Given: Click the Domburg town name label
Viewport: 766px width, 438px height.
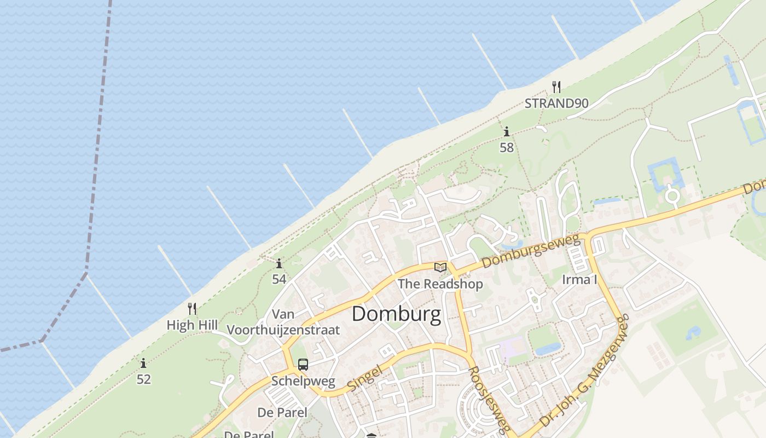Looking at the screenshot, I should point(396,314).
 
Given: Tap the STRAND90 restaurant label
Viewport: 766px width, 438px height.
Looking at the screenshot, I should point(556,103).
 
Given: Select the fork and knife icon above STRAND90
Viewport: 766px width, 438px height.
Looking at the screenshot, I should point(556,87).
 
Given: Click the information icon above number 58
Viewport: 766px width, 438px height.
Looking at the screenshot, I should point(507,132).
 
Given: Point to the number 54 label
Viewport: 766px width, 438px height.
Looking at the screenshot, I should point(279,279).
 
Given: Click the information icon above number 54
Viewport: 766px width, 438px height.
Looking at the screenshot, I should point(279,263).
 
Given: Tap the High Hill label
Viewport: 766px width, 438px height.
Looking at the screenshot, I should point(192,325).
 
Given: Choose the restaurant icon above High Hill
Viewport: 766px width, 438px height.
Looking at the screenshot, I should point(192,309).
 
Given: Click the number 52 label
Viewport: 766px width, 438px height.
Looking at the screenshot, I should point(143,379).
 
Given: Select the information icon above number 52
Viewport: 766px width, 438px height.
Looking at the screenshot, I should point(143,363).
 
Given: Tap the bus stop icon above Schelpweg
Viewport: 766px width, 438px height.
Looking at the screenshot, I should point(303,365).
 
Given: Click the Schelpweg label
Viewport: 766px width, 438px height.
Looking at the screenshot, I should point(303,381).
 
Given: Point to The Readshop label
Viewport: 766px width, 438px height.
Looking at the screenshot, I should point(440,284).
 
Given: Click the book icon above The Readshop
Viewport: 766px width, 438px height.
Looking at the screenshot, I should point(440,267).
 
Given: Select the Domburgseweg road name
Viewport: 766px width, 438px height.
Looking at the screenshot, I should point(531,252).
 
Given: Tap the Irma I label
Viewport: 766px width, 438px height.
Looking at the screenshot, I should point(579,280).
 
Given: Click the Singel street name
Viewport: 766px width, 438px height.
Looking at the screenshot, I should point(364,378).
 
